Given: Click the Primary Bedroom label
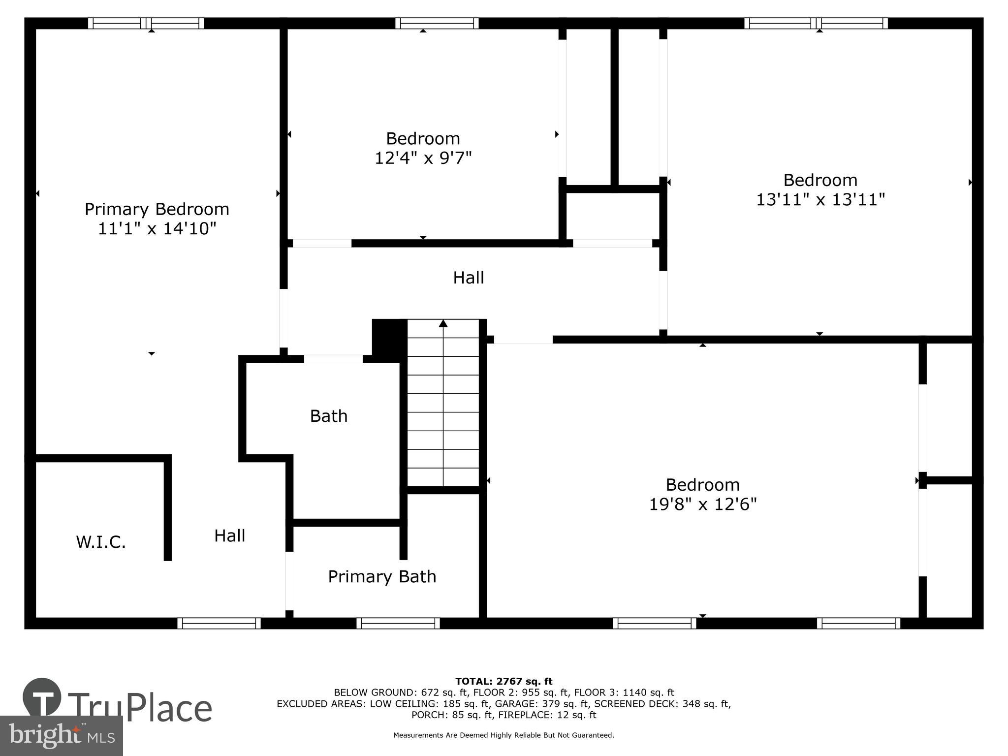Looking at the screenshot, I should [x=157, y=209].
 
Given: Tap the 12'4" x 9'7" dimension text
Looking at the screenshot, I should [x=423, y=158].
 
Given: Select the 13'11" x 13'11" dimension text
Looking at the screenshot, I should [x=820, y=200].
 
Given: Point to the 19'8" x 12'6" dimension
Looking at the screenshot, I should [x=702, y=504].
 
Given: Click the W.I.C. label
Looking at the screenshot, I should [x=101, y=542].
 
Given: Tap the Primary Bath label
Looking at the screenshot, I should [x=382, y=576].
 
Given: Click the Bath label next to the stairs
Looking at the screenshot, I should [x=328, y=416].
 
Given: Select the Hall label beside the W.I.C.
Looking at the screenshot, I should [x=229, y=535].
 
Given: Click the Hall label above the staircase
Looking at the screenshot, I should [x=468, y=278].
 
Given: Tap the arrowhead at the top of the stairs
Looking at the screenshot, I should [x=443, y=323].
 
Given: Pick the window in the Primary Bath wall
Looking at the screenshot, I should [x=398, y=623].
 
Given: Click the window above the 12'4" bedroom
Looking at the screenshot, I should [x=437, y=23].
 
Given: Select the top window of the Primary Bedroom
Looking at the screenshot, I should [x=146, y=23].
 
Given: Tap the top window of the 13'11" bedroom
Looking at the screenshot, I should [x=816, y=23].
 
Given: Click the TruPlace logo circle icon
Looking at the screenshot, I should [x=42, y=697].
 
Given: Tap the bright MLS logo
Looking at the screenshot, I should [x=61, y=735].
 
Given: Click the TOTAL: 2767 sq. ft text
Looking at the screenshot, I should [x=504, y=681].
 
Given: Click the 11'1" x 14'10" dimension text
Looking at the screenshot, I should [x=157, y=229].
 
